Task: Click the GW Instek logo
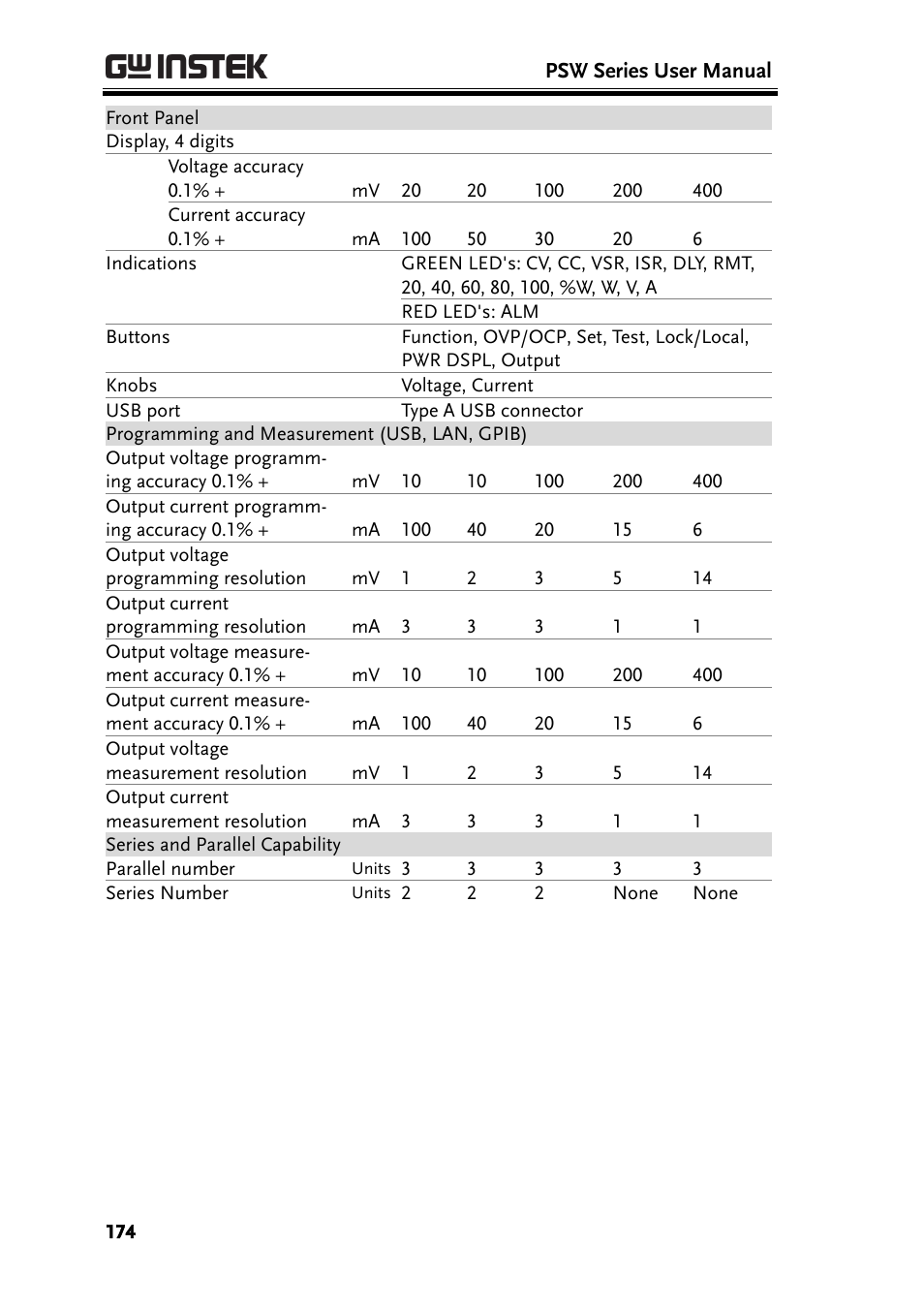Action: coord(186,67)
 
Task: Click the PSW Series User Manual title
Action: coord(658,71)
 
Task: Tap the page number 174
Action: coord(121,1231)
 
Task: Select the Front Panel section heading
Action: coord(152,118)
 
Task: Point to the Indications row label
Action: coord(151,264)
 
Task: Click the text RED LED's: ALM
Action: coord(470,312)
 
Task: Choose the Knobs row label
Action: coord(132,386)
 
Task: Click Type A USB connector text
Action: coord(492,411)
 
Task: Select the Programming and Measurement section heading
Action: coord(316,434)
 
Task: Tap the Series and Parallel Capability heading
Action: coord(223,845)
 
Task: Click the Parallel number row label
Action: coord(170,869)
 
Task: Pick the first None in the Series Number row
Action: coord(635,893)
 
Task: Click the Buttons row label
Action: coord(138,337)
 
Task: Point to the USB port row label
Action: coord(143,411)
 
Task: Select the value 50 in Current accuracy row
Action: coord(477,239)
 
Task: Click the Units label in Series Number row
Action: coord(371,893)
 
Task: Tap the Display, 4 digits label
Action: coord(169,141)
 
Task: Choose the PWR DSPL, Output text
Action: coord(480,360)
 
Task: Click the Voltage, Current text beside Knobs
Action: coord(467,386)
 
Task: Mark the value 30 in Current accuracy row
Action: coord(544,239)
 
